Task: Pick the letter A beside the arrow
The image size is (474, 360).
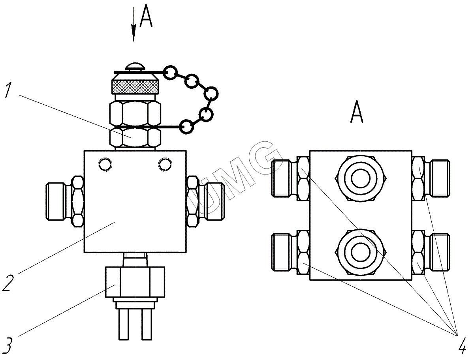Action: click(x=146, y=18)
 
